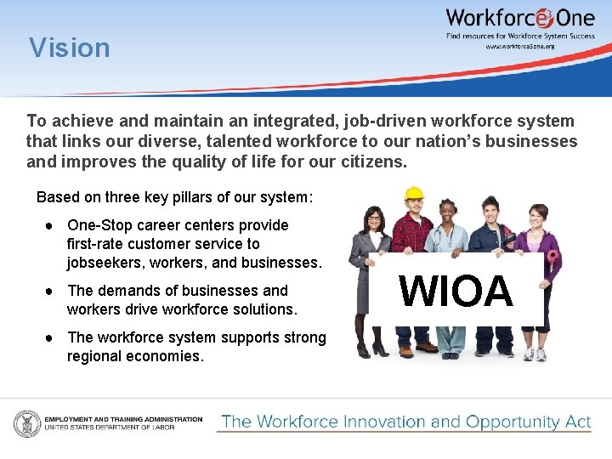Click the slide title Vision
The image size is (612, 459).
(70, 48)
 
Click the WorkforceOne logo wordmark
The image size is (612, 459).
(519, 18)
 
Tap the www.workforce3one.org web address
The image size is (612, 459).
(519, 47)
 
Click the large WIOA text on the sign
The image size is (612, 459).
(456, 292)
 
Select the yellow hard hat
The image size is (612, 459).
(414, 194)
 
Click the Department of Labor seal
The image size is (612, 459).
(25, 422)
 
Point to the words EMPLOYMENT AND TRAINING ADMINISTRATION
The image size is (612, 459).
(123, 419)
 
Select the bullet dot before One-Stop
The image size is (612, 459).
(51, 226)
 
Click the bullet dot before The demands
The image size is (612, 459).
(51, 291)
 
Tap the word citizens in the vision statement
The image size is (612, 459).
(370, 161)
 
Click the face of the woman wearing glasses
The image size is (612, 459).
(375, 220)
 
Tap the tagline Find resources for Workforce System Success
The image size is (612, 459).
(520, 36)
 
